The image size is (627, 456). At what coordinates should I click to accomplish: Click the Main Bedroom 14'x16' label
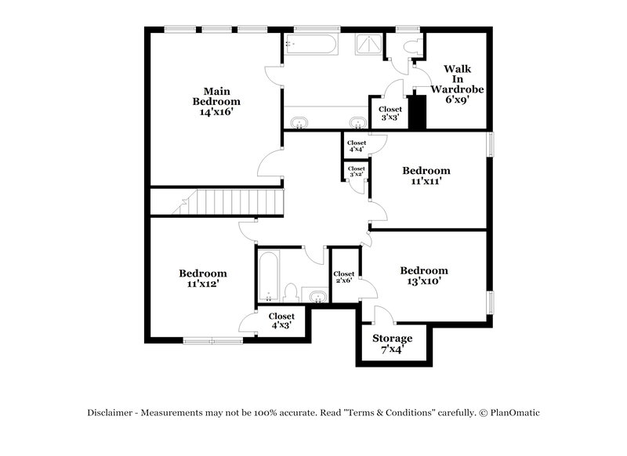(x=216, y=101)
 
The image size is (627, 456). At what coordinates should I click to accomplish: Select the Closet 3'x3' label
(x=390, y=113)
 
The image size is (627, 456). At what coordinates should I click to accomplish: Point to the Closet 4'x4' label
(x=357, y=147)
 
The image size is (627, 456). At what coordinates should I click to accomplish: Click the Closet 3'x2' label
(x=356, y=172)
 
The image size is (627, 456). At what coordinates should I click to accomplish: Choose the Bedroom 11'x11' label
(x=426, y=176)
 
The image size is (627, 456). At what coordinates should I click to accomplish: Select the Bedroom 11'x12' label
(x=203, y=278)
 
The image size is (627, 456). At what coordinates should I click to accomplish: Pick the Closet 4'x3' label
(x=282, y=320)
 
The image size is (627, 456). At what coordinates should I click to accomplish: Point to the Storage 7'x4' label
(x=391, y=343)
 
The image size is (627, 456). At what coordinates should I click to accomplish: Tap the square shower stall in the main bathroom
(x=367, y=45)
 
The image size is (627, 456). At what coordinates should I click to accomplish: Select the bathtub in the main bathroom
(x=311, y=44)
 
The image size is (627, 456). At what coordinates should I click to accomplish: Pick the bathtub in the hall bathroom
(x=267, y=276)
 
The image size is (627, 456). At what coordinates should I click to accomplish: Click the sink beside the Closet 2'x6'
(x=316, y=295)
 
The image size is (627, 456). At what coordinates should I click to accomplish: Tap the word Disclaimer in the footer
(x=110, y=413)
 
